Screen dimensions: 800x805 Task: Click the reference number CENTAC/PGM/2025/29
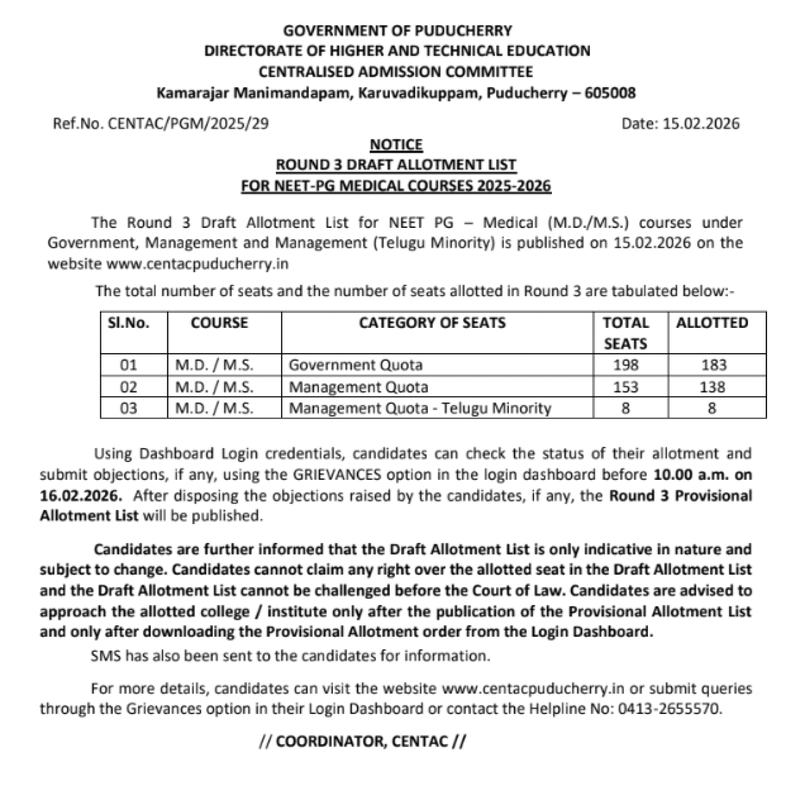188,124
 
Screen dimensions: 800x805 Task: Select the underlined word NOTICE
396,145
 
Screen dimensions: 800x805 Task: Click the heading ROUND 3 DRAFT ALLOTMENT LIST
396,165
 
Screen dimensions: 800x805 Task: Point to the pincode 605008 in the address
610,93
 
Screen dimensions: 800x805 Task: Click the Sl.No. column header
128,323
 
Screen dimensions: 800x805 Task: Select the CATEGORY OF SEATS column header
432,323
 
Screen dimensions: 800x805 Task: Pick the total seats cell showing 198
625,365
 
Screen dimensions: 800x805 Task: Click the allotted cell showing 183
714,365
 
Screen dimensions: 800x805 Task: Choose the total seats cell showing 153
625,387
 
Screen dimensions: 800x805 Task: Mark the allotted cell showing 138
712,387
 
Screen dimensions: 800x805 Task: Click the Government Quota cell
355,365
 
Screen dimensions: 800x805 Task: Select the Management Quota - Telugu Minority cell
420,408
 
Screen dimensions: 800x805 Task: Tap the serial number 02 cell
128,387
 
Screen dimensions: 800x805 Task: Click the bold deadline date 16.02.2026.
81,496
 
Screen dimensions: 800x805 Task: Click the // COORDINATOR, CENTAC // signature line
363,741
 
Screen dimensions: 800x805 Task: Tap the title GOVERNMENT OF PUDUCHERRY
398,30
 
